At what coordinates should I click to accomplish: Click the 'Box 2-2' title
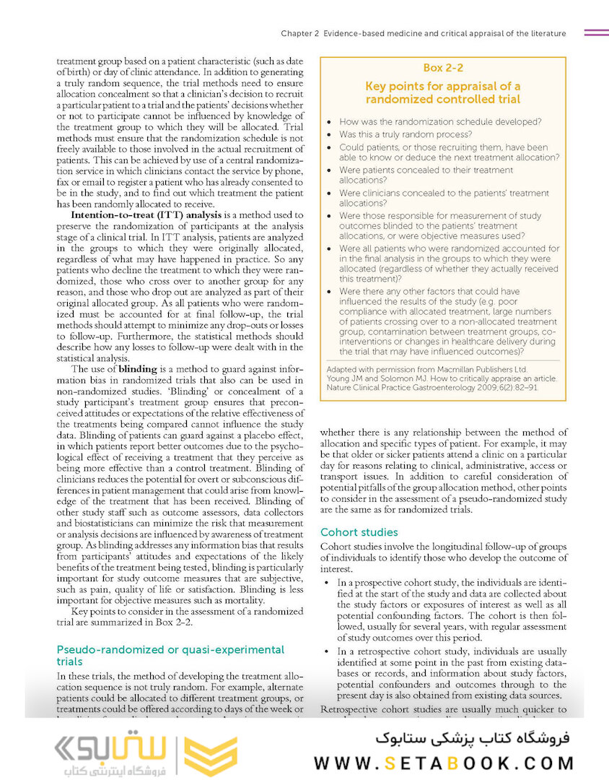point(442,68)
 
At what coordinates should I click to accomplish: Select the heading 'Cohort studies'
point(359,532)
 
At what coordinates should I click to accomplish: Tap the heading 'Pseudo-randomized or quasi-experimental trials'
point(170,655)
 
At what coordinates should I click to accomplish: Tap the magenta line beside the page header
point(595,32)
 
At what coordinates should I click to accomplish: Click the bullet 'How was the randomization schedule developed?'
point(440,121)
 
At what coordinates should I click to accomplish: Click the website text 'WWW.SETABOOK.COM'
point(444,763)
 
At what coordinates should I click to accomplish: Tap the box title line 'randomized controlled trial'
point(442,99)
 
